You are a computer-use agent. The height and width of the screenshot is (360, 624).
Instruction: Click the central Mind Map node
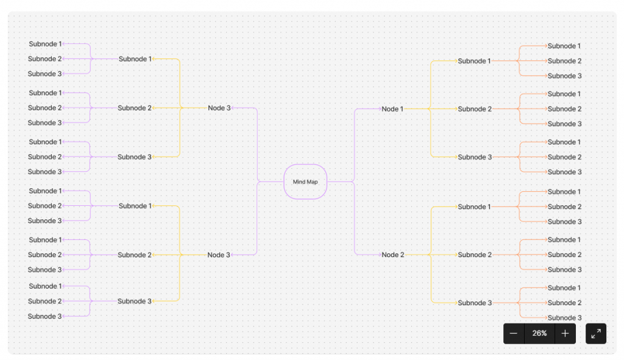tap(305, 182)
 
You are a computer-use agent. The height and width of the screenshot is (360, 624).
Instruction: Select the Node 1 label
tap(392, 109)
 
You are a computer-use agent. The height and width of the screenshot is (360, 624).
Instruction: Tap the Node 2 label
tap(393, 255)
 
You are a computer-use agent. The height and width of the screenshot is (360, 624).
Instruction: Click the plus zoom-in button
tap(565, 333)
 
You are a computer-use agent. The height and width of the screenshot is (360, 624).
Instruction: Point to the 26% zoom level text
tap(539, 333)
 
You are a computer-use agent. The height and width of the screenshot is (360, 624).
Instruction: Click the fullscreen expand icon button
tap(596, 333)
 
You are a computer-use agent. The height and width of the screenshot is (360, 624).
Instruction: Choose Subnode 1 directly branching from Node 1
tap(474, 61)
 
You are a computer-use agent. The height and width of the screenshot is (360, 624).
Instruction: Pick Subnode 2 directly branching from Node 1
tap(475, 109)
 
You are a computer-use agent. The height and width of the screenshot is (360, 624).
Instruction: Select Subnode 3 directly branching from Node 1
tap(475, 157)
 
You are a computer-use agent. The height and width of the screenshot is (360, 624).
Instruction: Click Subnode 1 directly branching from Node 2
tap(474, 206)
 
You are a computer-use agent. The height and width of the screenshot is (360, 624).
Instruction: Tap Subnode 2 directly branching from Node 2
tap(475, 255)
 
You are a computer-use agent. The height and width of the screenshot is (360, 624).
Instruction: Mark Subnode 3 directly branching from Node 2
tap(475, 303)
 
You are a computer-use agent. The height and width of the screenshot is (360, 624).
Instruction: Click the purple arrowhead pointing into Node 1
tap(380, 109)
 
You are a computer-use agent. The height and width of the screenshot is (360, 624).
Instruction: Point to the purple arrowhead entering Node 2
tap(380, 255)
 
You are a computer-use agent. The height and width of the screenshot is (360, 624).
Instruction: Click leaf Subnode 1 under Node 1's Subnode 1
tap(564, 46)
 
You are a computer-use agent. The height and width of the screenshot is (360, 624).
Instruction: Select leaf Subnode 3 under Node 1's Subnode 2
tap(564, 124)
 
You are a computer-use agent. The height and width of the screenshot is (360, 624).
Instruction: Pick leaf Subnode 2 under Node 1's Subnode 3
tap(564, 157)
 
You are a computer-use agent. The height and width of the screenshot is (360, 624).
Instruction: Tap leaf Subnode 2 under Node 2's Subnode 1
tap(564, 206)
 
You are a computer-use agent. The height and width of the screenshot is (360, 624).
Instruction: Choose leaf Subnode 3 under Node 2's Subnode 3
tap(564, 317)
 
